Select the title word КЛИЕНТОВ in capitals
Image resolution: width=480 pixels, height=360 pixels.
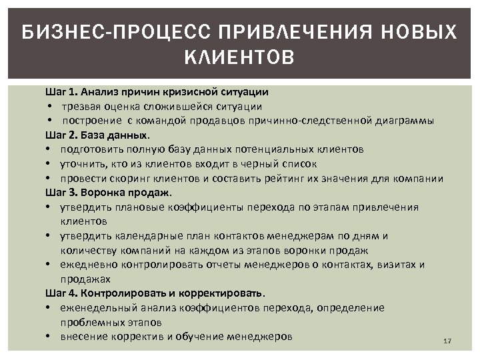[240, 58]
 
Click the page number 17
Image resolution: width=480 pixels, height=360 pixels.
[447, 341]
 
